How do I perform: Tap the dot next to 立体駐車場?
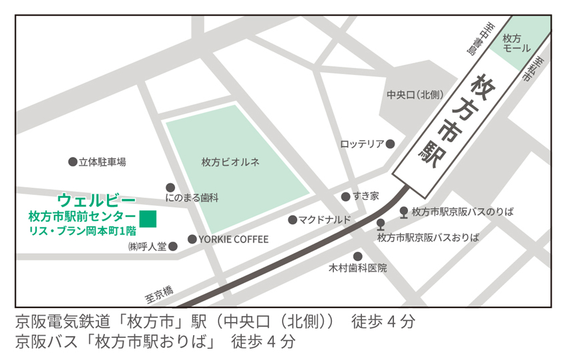(x=72, y=162)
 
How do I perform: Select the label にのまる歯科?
(x=192, y=198)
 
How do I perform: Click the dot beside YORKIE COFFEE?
(x=192, y=239)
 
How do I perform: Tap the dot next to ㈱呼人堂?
(x=173, y=246)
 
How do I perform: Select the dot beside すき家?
(x=345, y=196)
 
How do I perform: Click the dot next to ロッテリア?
(x=391, y=144)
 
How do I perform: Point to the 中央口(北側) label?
(x=415, y=96)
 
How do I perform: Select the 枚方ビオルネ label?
(x=230, y=162)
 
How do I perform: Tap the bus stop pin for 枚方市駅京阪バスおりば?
(x=381, y=224)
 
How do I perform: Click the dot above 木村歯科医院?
(x=358, y=256)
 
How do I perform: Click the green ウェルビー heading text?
(x=97, y=200)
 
